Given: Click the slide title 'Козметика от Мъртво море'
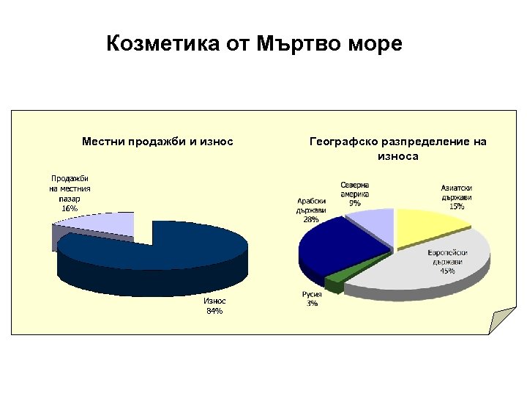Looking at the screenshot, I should coord(254,45).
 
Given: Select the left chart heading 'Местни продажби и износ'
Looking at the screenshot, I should coord(157,141).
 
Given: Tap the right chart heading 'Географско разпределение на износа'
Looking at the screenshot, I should coord(397,148).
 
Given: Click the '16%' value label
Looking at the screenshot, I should coord(70,208).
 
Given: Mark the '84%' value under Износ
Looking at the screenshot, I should coord(214,311).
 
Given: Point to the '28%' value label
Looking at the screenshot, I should coord(311,219).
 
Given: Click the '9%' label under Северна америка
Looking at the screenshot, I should coord(355,202).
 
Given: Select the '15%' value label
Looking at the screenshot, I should coord(456,207).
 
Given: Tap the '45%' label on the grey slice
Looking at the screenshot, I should coord(446,271).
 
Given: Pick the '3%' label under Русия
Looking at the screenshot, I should coord(312,304).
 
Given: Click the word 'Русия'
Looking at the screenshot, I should coord(312,294).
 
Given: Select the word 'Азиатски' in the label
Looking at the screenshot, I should coord(456,188).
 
